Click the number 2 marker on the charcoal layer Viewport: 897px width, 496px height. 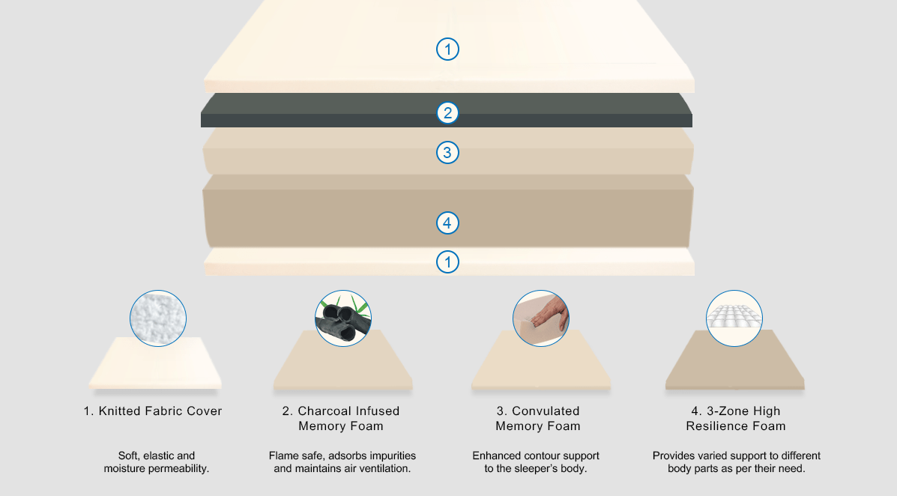pyautogui.click(x=447, y=113)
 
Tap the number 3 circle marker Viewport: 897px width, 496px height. pyautogui.click(x=447, y=153)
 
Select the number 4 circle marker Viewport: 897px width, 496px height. pyautogui.click(x=447, y=223)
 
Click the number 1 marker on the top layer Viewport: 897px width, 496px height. pyautogui.click(x=447, y=49)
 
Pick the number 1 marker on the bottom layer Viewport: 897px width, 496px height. pyautogui.click(x=447, y=261)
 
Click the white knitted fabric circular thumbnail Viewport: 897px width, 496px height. pyautogui.click(x=158, y=318)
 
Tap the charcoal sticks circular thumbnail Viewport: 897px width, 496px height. pyautogui.click(x=343, y=318)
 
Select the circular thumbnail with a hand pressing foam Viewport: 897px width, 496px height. pyautogui.click(x=541, y=318)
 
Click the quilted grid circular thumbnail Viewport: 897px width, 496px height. pyautogui.click(x=734, y=318)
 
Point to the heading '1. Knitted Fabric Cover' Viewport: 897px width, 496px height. pyautogui.click(x=153, y=411)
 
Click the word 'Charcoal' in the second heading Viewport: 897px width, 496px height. pyautogui.click(x=331, y=411)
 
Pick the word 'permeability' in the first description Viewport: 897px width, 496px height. pyautogui.click(x=175, y=469)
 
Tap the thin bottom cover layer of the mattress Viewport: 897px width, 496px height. pyautogui.click(x=337, y=262)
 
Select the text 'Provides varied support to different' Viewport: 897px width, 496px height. pyautogui.click(x=736, y=456)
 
